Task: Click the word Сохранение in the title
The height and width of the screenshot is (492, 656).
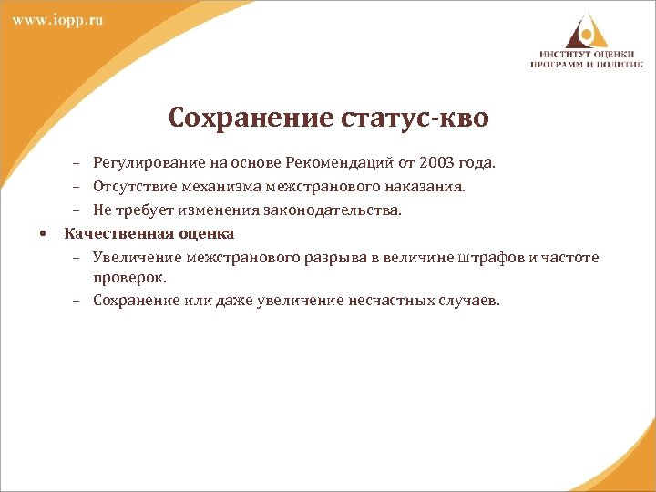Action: tap(241, 118)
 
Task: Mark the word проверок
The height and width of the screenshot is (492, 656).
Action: tap(127, 276)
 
